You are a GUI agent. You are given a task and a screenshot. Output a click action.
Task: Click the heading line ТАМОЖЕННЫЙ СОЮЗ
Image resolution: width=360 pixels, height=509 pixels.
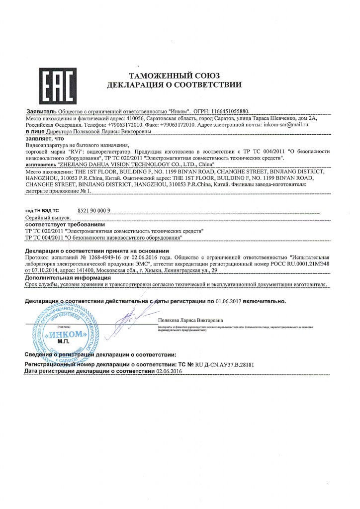tap(174, 76)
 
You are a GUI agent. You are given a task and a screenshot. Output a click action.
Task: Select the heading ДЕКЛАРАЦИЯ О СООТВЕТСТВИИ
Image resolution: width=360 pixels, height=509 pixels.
tap(174, 85)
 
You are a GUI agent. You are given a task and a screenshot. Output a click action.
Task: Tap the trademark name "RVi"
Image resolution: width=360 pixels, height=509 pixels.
tap(76, 151)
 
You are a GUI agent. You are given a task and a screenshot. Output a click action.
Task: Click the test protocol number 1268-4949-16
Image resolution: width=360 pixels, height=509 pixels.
tap(106, 257)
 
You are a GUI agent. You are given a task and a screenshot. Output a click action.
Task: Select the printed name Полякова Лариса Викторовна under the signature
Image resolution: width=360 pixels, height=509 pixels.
tap(190, 320)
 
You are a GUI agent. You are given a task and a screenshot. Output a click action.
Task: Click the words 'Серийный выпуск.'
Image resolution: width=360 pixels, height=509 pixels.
tap(48, 218)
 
